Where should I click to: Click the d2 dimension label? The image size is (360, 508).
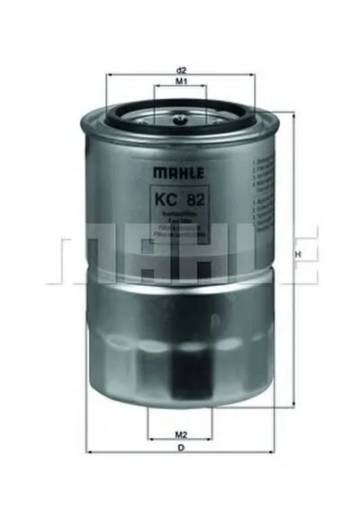point(181,69)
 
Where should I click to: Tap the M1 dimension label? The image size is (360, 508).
point(181,82)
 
